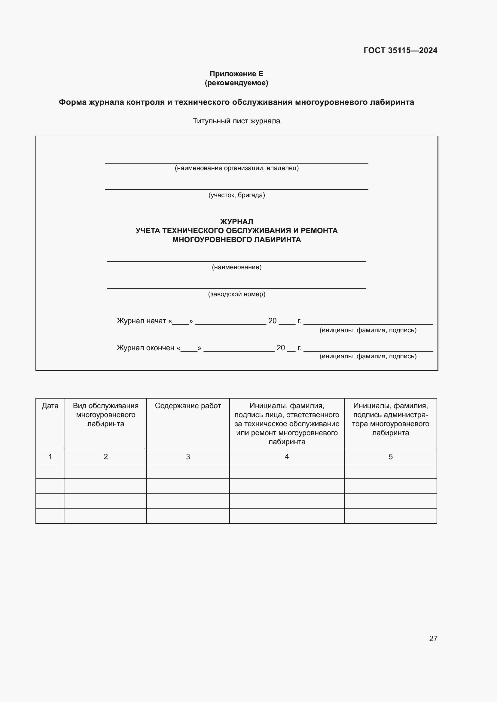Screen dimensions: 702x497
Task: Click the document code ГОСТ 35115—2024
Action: [x=400, y=50]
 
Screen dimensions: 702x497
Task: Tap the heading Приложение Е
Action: [x=236, y=74]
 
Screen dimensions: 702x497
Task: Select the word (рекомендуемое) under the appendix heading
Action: [x=236, y=83]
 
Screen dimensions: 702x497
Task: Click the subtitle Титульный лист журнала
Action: [x=236, y=121]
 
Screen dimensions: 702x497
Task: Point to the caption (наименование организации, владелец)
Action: [x=236, y=168]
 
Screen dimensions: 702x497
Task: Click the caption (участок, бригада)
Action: [x=236, y=195]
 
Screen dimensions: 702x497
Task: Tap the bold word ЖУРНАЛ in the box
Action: [x=236, y=221]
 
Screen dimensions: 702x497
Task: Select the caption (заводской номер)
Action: [x=236, y=294]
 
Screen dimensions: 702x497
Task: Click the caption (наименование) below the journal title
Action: [x=236, y=267]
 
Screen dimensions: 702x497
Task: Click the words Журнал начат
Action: [x=142, y=321]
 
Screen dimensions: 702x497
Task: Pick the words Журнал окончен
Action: [x=145, y=348]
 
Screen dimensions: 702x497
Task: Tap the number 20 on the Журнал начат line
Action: [x=272, y=321]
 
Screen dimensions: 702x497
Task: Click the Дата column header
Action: [x=50, y=406]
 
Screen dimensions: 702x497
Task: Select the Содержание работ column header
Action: [x=188, y=406]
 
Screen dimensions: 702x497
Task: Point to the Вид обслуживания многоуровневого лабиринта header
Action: [x=105, y=414]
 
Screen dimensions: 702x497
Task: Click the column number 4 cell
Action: [x=287, y=456]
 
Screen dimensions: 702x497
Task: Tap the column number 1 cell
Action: [x=50, y=456]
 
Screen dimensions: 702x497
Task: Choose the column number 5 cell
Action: [x=391, y=456]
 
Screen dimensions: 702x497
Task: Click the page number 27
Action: [x=433, y=638]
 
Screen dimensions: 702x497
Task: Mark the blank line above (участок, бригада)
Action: [x=236, y=189]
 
